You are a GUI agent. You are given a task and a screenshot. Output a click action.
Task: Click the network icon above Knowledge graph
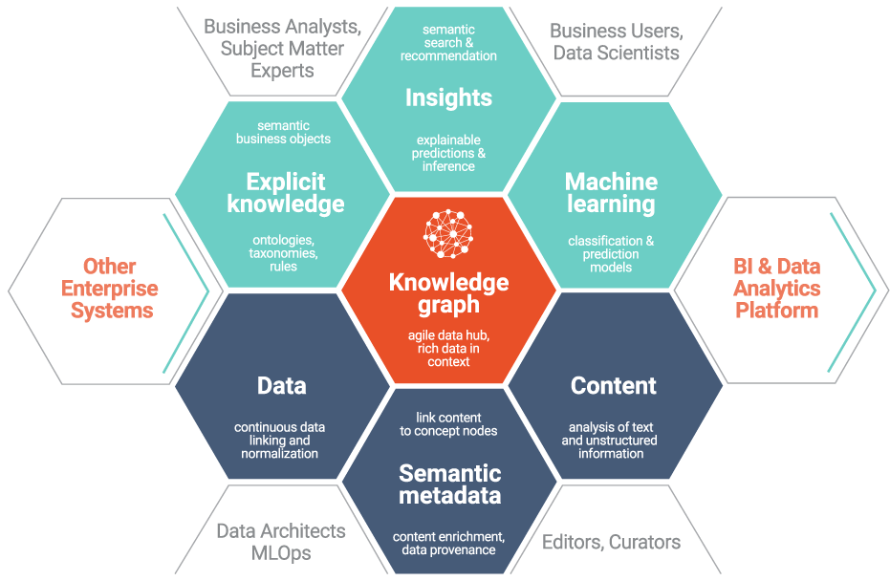coord(448,231)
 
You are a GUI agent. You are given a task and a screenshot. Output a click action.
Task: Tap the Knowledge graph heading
coord(448,293)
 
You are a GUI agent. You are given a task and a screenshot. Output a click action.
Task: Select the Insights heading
coord(448,97)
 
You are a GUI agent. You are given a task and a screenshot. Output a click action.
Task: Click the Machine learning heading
coord(611,192)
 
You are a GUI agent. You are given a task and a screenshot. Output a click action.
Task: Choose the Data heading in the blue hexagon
coord(282,386)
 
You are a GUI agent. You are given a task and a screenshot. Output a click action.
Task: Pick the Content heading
coord(614,386)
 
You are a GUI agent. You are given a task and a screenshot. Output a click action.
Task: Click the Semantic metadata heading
coord(449,484)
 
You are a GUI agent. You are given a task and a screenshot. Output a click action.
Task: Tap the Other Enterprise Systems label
coord(110,288)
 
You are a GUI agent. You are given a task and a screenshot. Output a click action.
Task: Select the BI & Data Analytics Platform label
coord(776,288)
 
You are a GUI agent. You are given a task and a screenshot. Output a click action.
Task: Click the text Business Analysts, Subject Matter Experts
coord(282,48)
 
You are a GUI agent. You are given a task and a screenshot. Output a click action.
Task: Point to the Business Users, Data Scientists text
coord(615,41)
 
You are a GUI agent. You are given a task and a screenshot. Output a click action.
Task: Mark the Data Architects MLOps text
coord(280,542)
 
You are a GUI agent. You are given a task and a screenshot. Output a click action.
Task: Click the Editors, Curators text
coord(612,543)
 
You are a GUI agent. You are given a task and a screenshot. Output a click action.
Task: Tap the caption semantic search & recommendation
coord(448,43)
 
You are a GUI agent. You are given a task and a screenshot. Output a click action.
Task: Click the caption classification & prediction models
coord(611,254)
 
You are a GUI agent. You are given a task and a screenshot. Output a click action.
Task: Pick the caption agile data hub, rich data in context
coord(448,348)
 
